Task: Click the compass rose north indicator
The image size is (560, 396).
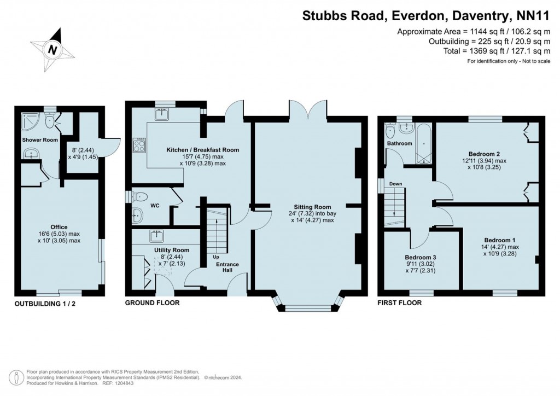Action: point(52,49)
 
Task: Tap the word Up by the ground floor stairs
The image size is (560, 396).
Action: point(216,257)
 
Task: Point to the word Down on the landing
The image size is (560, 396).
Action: point(396,184)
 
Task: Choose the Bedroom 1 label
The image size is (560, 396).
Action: point(500,240)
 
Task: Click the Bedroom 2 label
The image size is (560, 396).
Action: point(485,154)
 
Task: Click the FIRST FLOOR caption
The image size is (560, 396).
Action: point(401,302)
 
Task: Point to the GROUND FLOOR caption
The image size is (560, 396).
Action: point(152,302)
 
